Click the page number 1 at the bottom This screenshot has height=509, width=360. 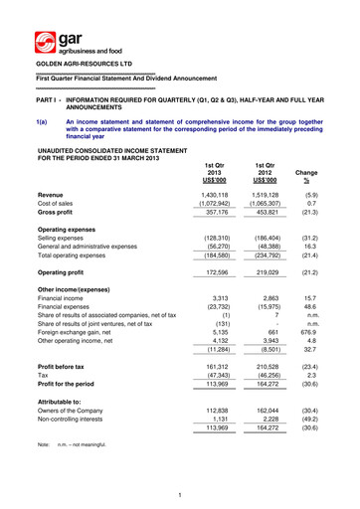[178, 496]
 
